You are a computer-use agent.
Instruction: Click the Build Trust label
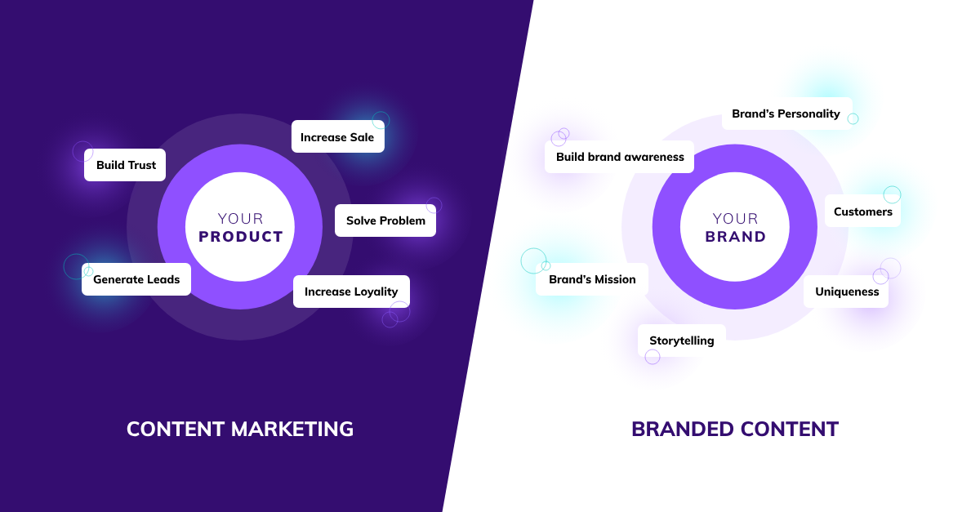tap(126, 165)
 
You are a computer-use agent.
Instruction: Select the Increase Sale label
tap(337, 137)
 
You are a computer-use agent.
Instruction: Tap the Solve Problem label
tap(385, 220)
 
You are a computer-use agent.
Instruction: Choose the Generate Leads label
tap(136, 279)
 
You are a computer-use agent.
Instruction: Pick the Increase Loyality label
tap(351, 292)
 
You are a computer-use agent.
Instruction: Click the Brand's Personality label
tap(786, 114)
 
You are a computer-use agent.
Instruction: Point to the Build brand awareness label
tap(620, 157)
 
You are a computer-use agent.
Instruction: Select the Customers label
tap(862, 211)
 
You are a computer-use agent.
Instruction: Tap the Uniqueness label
tap(847, 292)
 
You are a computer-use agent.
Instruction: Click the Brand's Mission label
tap(592, 279)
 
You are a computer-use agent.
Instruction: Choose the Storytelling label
tap(681, 341)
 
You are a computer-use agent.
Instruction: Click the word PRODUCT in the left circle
tap(241, 237)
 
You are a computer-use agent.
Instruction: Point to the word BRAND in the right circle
tap(736, 237)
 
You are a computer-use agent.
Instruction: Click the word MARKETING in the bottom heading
tap(292, 429)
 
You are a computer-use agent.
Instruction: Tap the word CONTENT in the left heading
tap(176, 429)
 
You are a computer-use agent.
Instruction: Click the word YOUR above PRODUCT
tap(241, 219)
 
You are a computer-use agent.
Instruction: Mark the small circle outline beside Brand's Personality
tap(853, 119)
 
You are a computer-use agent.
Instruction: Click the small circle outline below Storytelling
tap(653, 357)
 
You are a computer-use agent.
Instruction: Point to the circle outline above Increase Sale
tap(381, 119)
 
